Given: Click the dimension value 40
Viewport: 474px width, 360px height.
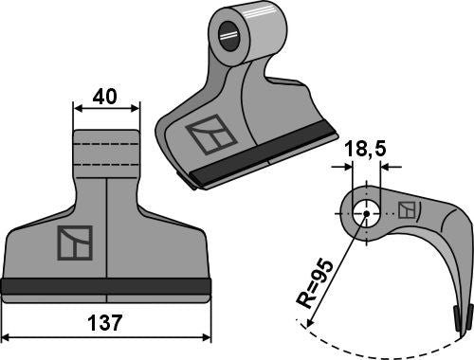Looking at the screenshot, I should click(106, 97).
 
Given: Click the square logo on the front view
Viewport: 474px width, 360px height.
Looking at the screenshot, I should click(75, 243).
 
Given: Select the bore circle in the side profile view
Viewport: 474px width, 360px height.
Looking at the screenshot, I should click(364, 214).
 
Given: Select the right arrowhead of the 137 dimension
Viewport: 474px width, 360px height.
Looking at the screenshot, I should click(207, 337).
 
